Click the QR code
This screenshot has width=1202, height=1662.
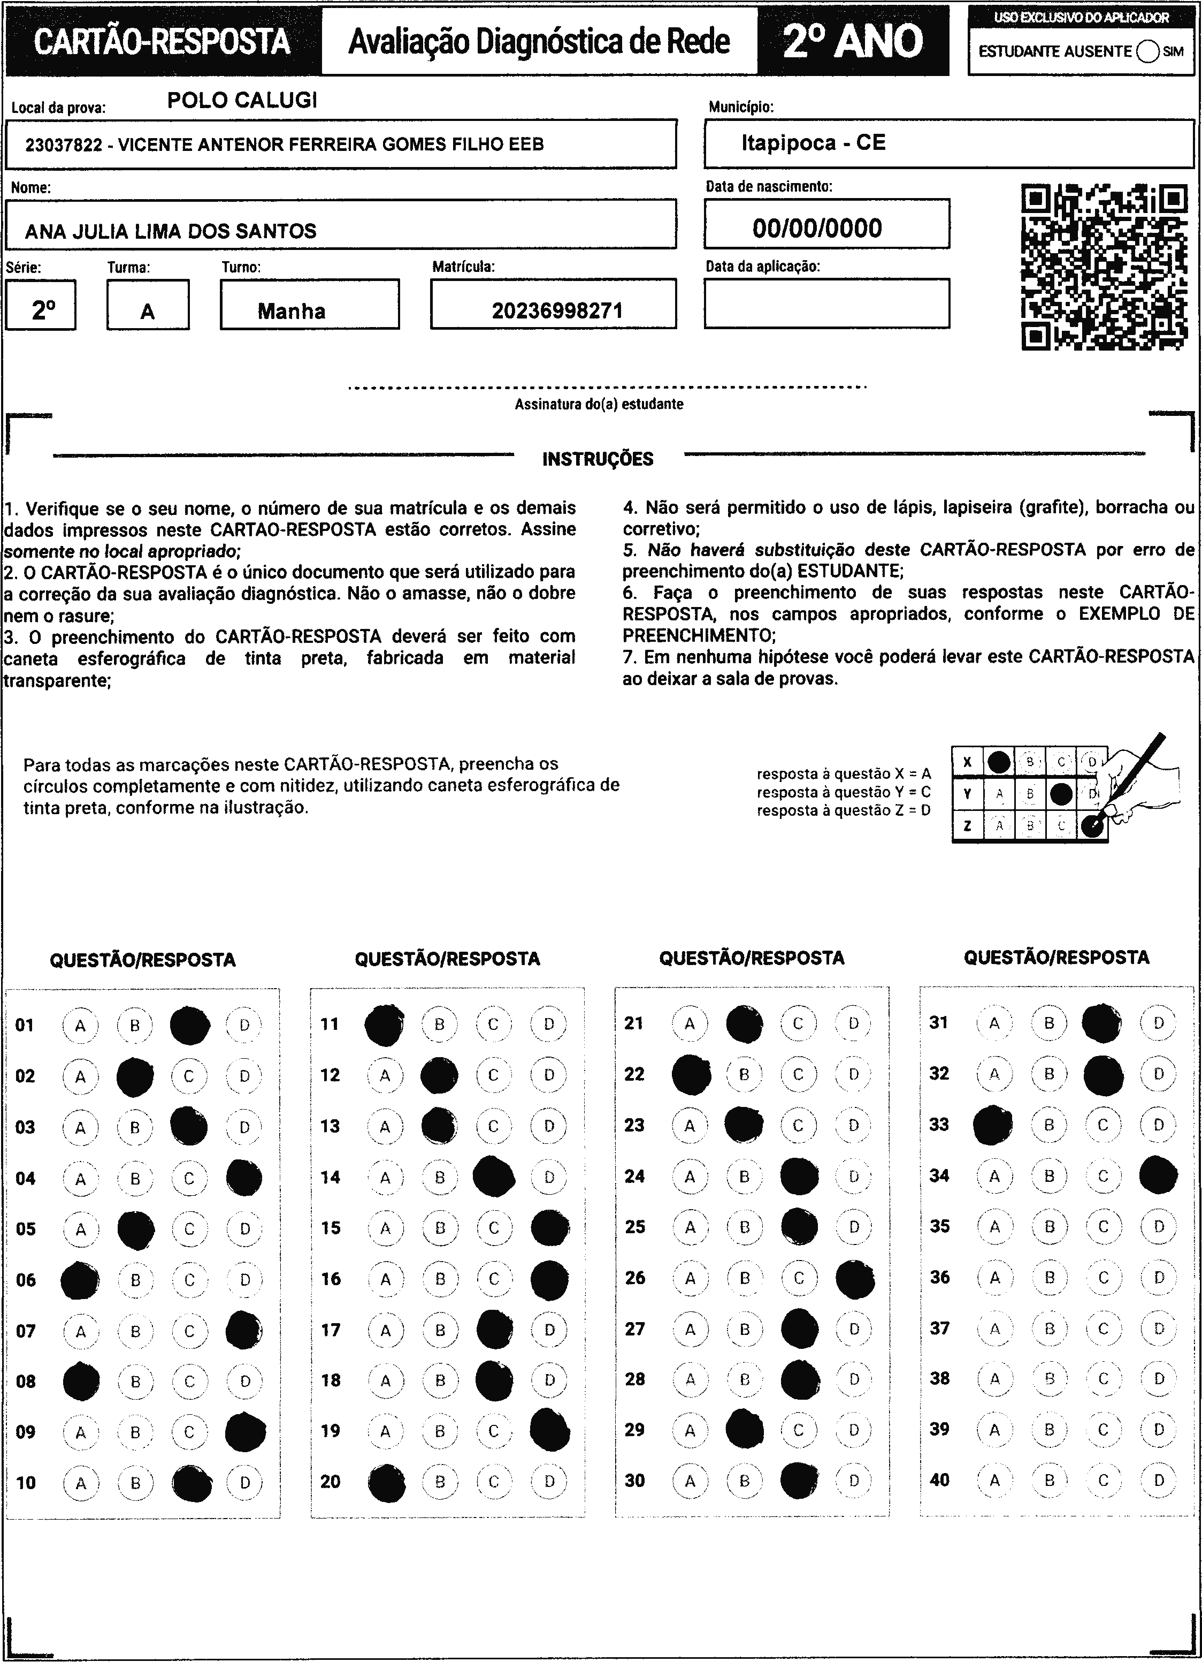click(1104, 267)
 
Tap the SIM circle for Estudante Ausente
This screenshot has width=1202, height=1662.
click(1148, 51)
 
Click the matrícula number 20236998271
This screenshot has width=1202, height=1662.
click(557, 310)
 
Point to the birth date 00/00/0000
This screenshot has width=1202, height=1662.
click(817, 228)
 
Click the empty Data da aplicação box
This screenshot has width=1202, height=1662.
click(826, 303)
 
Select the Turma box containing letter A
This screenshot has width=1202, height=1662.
click(148, 306)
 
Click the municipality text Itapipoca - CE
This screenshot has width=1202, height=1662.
click(813, 142)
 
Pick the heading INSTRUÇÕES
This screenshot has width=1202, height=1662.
click(598, 459)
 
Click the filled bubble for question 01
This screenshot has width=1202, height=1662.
click(190, 1025)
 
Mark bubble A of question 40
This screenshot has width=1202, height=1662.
click(994, 1479)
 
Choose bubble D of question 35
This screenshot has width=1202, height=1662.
click(1159, 1227)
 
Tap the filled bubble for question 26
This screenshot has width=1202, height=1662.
click(855, 1278)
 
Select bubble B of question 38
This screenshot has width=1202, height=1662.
click(1049, 1378)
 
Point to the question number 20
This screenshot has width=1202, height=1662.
click(331, 1481)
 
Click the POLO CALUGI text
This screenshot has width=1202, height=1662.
click(242, 101)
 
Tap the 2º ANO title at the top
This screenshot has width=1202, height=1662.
click(853, 41)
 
